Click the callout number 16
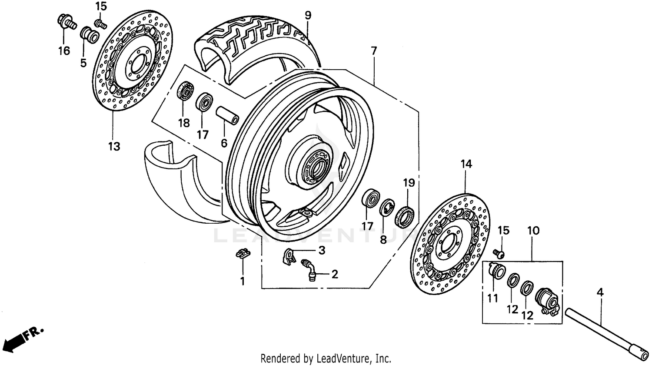[x=64, y=51]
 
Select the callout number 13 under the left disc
[x=114, y=146]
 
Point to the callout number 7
[x=374, y=51]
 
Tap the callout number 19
[x=409, y=183]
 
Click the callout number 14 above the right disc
[x=466, y=164]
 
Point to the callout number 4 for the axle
[x=600, y=293]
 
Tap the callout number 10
[x=533, y=230]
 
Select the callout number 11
[x=492, y=299]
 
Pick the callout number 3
[x=322, y=250]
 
